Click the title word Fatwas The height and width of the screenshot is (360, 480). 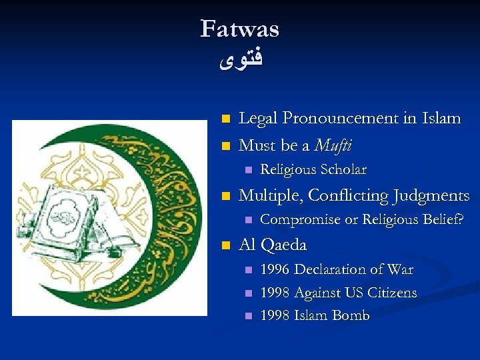coord(239,29)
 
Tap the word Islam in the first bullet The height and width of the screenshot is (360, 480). coord(441,119)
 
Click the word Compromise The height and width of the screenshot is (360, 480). coord(297,219)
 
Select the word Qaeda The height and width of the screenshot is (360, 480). coord(284,245)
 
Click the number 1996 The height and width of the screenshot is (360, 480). coord(275,270)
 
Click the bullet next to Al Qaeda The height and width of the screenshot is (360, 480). coord(225,245)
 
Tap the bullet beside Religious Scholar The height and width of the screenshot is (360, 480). coord(248,170)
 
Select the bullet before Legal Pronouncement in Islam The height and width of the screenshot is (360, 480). coord(225,119)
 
